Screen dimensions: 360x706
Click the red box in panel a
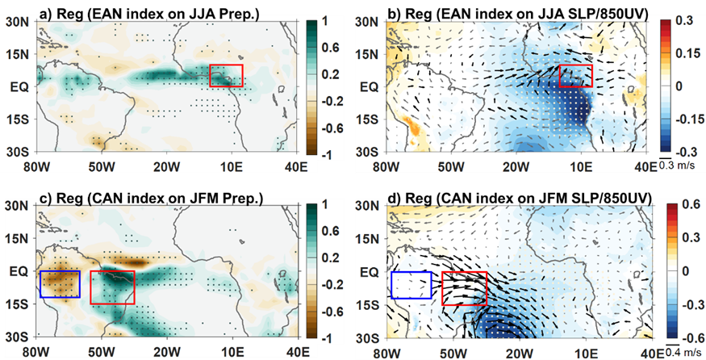[225, 75]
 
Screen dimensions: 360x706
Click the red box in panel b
[575, 76]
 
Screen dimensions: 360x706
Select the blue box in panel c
[60, 284]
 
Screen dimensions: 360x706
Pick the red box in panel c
[112, 287]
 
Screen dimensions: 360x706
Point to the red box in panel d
[466, 288]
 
